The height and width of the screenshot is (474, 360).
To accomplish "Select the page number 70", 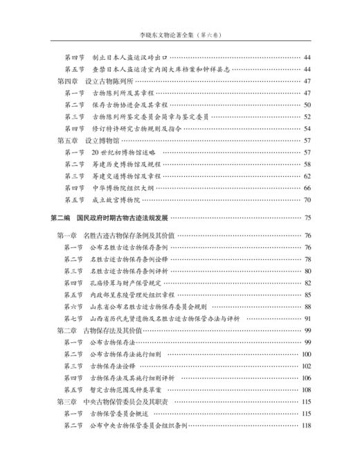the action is [306, 199].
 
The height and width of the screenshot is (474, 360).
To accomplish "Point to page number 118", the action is [305, 425].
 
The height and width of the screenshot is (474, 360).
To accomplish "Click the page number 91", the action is [306, 318].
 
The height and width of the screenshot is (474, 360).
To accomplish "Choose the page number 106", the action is [305, 378].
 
